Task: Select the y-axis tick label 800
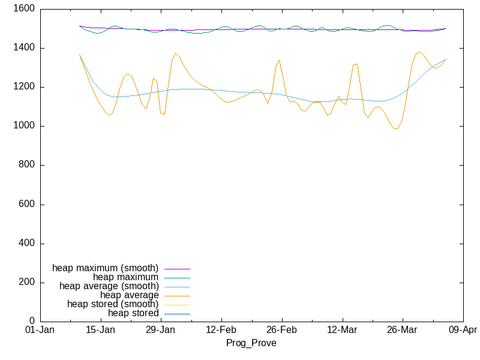click(x=26, y=165)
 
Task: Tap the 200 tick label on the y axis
click(x=26, y=283)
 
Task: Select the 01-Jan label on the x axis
click(x=40, y=330)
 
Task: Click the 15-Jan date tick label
click(x=100, y=330)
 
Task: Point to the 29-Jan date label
click(x=161, y=330)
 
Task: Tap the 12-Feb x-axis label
click(x=221, y=330)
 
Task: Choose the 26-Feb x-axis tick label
click(x=281, y=330)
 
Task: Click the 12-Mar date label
click(x=342, y=330)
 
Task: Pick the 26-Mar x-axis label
click(x=403, y=330)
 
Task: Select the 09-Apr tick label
click(x=463, y=330)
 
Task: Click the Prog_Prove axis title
click(x=251, y=343)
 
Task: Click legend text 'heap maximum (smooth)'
click(x=106, y=268)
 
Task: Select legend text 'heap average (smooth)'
click(x=109, y=286)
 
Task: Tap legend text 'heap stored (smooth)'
click(x=113, y=304)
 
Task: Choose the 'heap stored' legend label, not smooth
click(x=133, y=313)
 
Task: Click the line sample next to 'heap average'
click(x=177, y=295)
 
